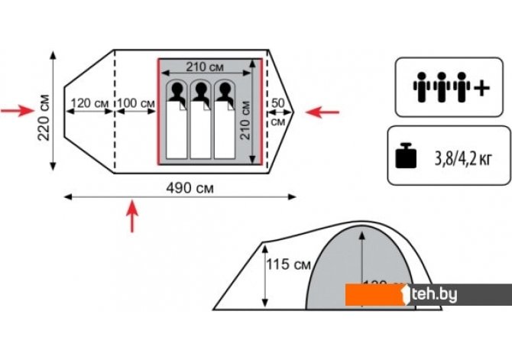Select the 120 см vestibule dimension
(89, 103)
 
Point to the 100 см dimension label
(135, 103)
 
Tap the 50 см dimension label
(277, 112)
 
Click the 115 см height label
(289, 265)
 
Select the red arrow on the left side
(15, 112)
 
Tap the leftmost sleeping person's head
(177, 91)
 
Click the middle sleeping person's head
(201, 91)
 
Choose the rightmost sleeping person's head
(225, 91)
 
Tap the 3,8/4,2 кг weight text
(462, 158)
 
